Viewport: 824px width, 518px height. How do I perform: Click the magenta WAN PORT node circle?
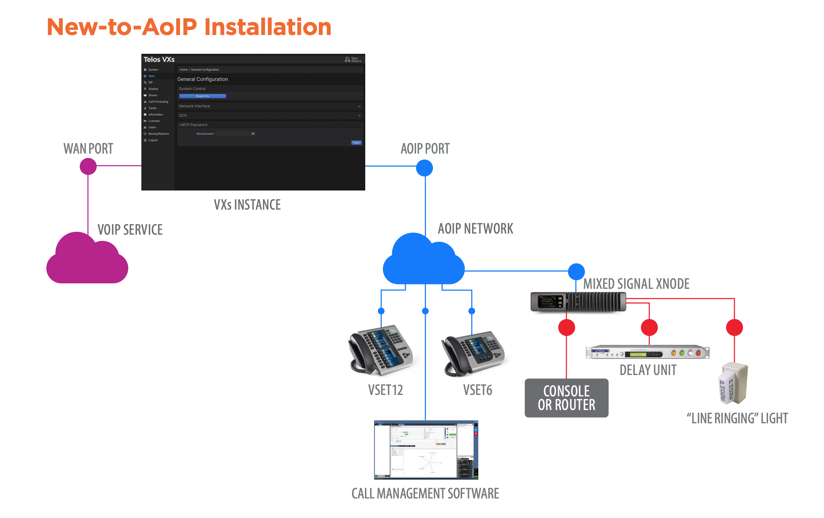[88, 167]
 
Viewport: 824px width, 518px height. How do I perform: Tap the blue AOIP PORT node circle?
[424, 168]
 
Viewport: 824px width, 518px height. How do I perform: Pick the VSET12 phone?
[381, 350]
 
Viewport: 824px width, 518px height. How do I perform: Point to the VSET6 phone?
[473, 354]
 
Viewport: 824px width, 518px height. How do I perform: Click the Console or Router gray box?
[566, 398]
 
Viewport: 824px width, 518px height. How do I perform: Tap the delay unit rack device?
[647, 353]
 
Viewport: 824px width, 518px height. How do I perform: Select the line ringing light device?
[733, 383]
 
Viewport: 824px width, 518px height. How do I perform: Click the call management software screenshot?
[426, 450]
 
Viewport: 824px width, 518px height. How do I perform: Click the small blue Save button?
[356, 143]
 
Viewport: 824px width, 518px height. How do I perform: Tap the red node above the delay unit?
[649, 327]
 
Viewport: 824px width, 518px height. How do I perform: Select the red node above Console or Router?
[566, 327]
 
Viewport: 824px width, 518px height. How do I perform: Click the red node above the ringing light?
[734, 327]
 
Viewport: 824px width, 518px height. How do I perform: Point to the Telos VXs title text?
[159, 59]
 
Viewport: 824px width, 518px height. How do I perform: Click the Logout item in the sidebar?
[153, 140]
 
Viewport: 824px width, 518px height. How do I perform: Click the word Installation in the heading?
[268, 27]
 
